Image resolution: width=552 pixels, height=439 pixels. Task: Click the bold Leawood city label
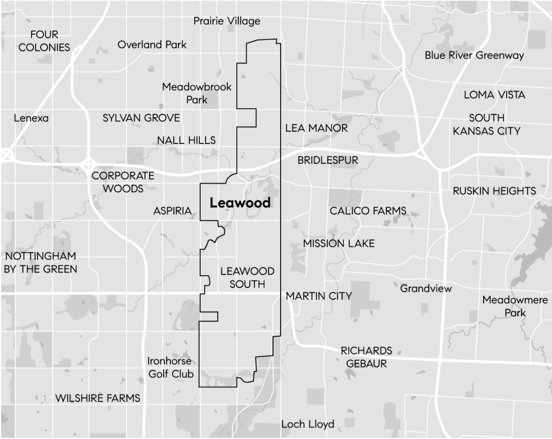240,203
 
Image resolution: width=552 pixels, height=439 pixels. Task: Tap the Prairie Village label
227,21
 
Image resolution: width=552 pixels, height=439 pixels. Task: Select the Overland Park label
152,45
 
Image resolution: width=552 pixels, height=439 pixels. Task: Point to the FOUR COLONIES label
44,41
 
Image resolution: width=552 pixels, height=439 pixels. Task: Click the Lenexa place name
31,118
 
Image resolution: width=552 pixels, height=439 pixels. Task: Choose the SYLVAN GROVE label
141,118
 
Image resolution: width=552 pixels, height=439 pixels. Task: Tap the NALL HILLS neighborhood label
186,140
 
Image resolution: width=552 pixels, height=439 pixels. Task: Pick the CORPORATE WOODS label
123,182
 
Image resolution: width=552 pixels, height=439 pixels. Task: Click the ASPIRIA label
172,211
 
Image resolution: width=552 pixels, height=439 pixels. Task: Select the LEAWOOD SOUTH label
247,278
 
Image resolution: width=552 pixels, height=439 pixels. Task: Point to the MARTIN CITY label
319,296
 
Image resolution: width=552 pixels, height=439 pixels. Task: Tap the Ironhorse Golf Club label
170,367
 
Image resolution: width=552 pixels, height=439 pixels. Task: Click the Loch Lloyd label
308,424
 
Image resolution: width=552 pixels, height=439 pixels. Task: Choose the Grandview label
426,288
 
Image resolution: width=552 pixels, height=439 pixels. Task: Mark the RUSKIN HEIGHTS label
494,191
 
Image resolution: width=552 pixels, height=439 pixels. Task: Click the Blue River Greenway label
474,55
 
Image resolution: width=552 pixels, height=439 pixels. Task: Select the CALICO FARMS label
368,211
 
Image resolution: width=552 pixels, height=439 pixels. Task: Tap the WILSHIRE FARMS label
98,398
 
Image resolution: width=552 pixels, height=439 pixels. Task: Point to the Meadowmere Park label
515,306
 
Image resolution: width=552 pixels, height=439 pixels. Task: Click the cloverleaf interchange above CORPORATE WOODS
89,165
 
